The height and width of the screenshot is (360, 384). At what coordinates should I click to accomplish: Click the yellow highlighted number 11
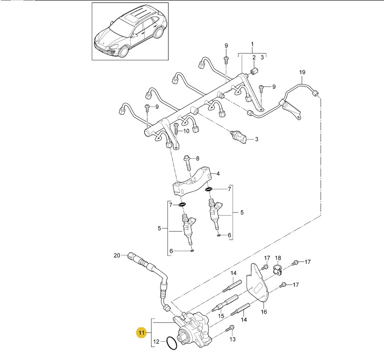pos(141,332)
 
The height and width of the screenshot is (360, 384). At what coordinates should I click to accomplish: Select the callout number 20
pos(117,255)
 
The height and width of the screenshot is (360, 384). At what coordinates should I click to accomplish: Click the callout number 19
pos(302,72)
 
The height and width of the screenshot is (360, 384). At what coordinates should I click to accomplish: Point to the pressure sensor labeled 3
pos(239,138)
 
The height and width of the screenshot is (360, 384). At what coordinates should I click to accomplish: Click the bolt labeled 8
pos(188,162)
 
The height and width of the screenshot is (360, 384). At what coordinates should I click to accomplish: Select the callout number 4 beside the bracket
pos(218,174)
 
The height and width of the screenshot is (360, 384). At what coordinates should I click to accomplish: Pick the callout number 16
pos(264,312)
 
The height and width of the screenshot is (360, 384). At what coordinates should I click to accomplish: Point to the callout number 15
pos(221,316)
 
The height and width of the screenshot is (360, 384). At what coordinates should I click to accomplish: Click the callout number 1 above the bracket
pos(252,44)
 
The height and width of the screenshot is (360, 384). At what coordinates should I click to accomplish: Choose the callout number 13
pos(232,339)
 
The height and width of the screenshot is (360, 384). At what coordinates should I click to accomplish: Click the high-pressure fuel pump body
pos(194,327)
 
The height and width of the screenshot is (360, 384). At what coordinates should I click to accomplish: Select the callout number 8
pos(198,158)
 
